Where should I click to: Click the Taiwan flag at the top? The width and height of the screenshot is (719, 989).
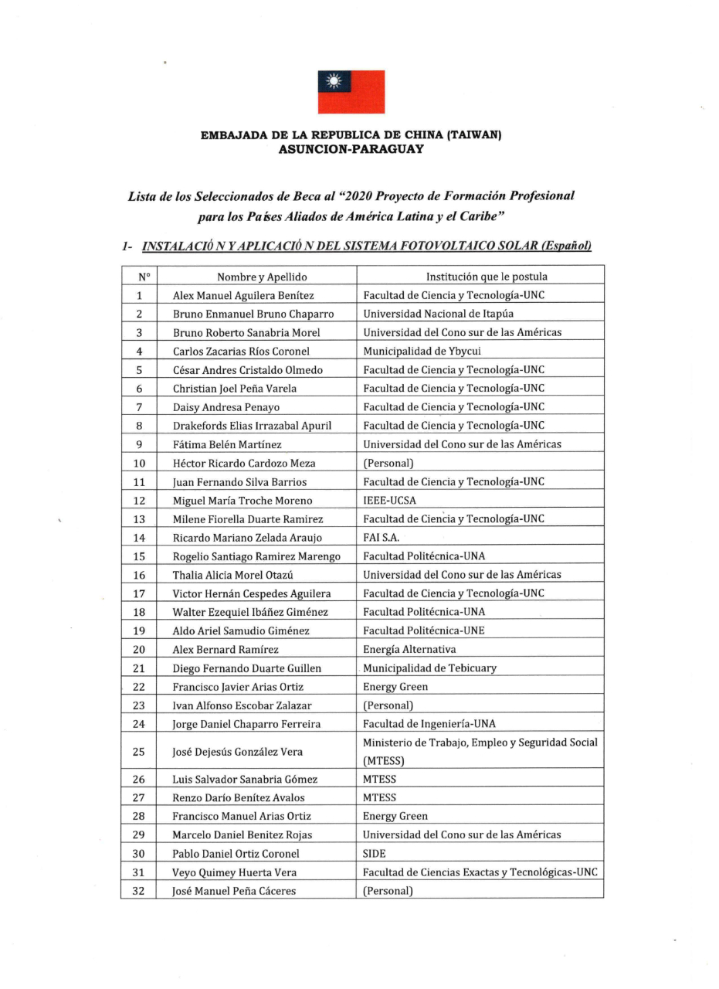[x=351, y=92]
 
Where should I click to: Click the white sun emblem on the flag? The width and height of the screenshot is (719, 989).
[x=334, y=80]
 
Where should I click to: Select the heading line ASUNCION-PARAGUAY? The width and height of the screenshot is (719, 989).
[x=351, y=149]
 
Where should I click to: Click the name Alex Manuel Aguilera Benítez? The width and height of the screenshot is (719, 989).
[x=243, y=295]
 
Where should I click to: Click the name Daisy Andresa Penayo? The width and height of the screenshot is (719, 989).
[x=226, y=407]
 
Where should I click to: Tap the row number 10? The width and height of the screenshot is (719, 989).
[x=139, y=463]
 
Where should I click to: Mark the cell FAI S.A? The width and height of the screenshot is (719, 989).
[x=382, y=537]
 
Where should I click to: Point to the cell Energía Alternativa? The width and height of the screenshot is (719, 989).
[x=409, y=649]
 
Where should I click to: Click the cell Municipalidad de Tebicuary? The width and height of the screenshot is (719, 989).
[x=430, y=668]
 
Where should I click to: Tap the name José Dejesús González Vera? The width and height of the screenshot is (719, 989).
[x=238, y=752]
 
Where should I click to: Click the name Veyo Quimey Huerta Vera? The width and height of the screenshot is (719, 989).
[x=235, y=872]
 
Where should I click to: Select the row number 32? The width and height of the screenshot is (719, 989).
[x=139, y=891]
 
